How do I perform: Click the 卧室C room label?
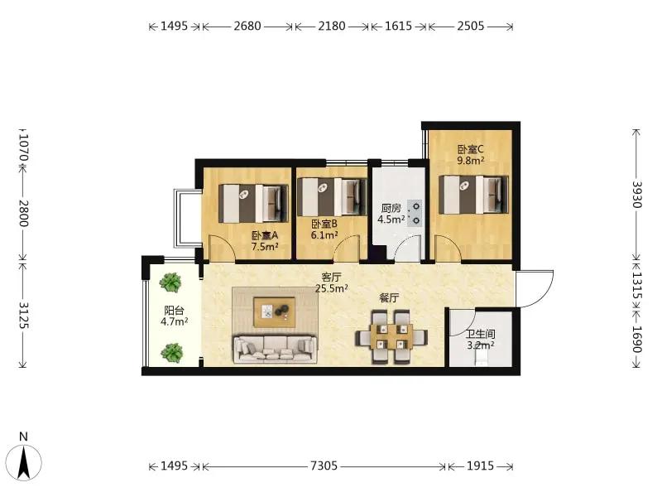(x=470, y=150)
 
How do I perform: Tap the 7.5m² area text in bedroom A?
(x=265, y=246)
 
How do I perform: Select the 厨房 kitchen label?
(x=391, y=208)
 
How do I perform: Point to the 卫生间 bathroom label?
(x=481, y=335)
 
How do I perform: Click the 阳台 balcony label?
(x=174, y=311)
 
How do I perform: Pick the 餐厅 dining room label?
(x=389, y=298)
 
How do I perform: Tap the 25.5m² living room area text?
(x=332, y=288)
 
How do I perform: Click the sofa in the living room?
(x=276, y=349)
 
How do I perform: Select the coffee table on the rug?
(x=274, y=312)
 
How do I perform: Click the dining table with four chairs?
(x=391, y=337)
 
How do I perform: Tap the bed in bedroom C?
(x=473, y=195)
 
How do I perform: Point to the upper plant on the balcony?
(x=170, y=282)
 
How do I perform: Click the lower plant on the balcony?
(x=171, y=353)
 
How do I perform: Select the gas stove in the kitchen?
(x=415, y=213)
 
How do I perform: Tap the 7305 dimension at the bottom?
(x=324, y=466)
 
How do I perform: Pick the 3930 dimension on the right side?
(x=636, y=195)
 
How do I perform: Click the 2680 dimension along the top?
(x=247, y=27)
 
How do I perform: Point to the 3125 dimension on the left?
(x=23, y=316)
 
